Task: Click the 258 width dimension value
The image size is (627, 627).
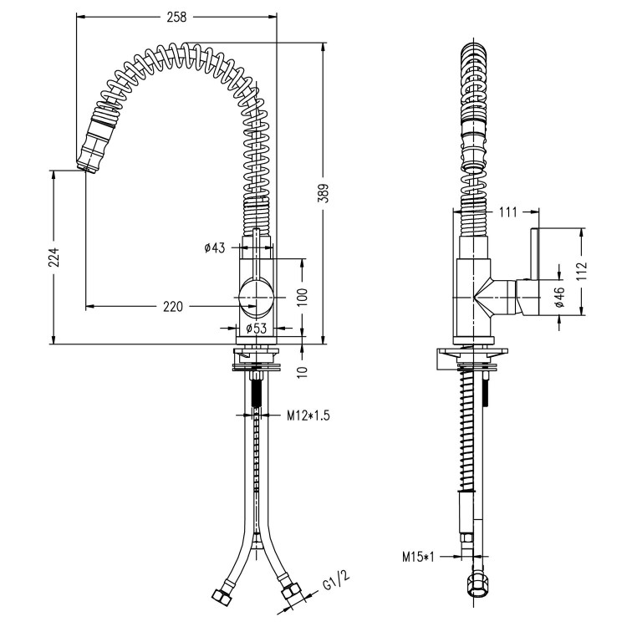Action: [x=176, y=16]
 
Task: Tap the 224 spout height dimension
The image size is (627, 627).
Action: [x=54, y=257]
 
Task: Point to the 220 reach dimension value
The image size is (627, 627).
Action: [x=172, y=307]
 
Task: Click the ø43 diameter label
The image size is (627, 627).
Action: [x=215, y=247]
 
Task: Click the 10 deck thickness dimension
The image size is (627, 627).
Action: [x=302, y=369]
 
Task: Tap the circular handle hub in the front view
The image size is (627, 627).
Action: [x=255, y=297]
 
